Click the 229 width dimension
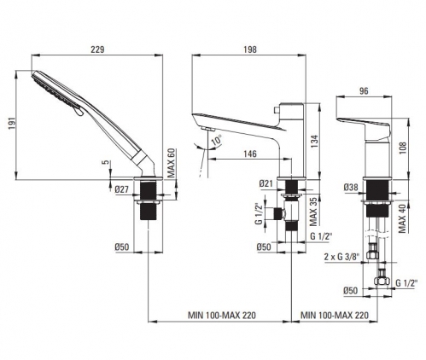pos(97,49)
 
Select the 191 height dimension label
pos(12,124)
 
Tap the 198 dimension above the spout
pos(250,49)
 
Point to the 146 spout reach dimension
pos(250,154)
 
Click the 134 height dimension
pos(313,141)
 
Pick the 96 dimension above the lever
pos(364,91)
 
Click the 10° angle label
pos(217,140)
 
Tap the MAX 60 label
pos(171,163)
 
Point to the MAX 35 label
pos(313,211)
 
